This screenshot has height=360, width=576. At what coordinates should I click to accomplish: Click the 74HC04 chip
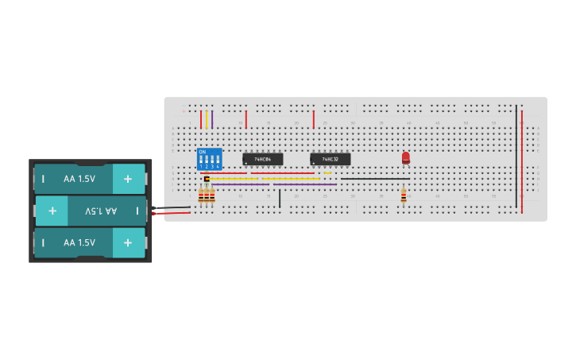262,159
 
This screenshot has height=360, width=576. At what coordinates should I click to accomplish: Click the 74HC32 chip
330,159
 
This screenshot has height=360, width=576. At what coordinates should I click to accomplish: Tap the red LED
405,157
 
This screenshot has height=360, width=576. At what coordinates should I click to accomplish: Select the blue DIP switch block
209,159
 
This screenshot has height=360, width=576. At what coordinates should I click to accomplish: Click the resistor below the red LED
404,195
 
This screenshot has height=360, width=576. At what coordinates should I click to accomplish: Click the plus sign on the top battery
128,179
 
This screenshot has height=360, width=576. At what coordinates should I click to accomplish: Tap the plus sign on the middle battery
52,211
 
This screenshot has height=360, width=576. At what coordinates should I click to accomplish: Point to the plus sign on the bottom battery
128,242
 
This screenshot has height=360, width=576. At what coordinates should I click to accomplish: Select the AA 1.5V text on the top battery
79,179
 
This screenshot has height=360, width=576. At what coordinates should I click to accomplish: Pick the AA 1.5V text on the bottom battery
79,242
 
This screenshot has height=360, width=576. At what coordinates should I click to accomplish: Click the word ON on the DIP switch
202,151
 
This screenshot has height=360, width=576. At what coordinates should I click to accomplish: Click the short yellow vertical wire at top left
207,119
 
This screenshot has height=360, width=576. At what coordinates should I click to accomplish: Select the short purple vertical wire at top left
212,119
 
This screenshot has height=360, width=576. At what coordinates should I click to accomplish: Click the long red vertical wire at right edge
522,159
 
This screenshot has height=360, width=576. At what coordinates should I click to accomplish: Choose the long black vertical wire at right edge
516,155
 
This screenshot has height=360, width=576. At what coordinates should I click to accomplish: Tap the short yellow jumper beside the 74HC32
327,173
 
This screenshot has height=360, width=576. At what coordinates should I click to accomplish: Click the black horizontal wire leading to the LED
373,179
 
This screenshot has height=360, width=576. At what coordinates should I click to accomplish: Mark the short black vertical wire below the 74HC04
280,198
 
